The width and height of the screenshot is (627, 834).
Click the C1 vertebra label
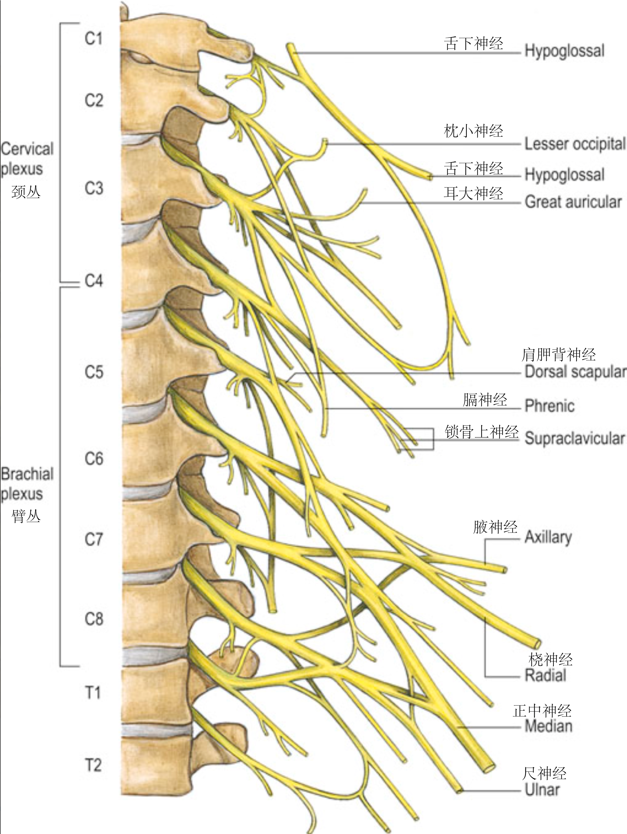93,38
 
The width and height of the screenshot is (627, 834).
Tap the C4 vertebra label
93,281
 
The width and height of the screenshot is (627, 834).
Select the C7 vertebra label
93,539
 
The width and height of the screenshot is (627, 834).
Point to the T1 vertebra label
93,693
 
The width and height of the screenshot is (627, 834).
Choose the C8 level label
93,619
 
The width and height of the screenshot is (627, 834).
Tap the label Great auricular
573,202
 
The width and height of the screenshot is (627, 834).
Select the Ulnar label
542,789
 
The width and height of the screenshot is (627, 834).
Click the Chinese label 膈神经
485,400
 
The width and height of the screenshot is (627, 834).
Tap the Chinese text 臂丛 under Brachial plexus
25,516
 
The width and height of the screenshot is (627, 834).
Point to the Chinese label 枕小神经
473,131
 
